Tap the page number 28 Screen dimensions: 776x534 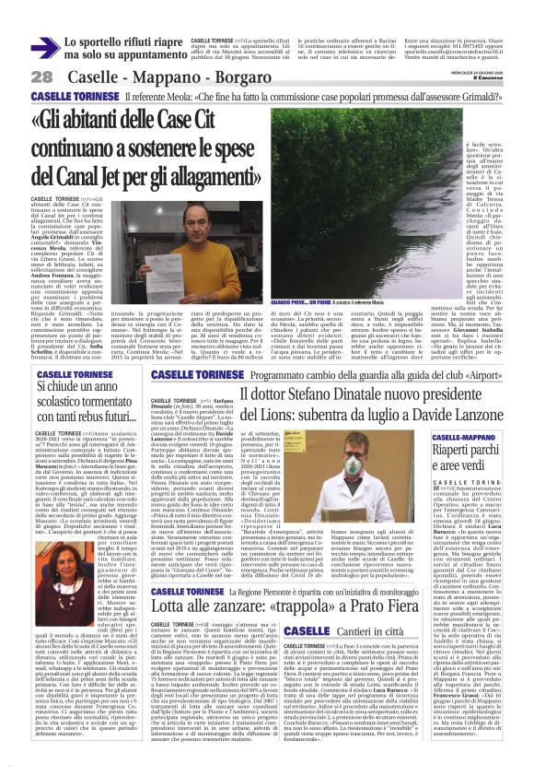(x=42, y=77)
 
